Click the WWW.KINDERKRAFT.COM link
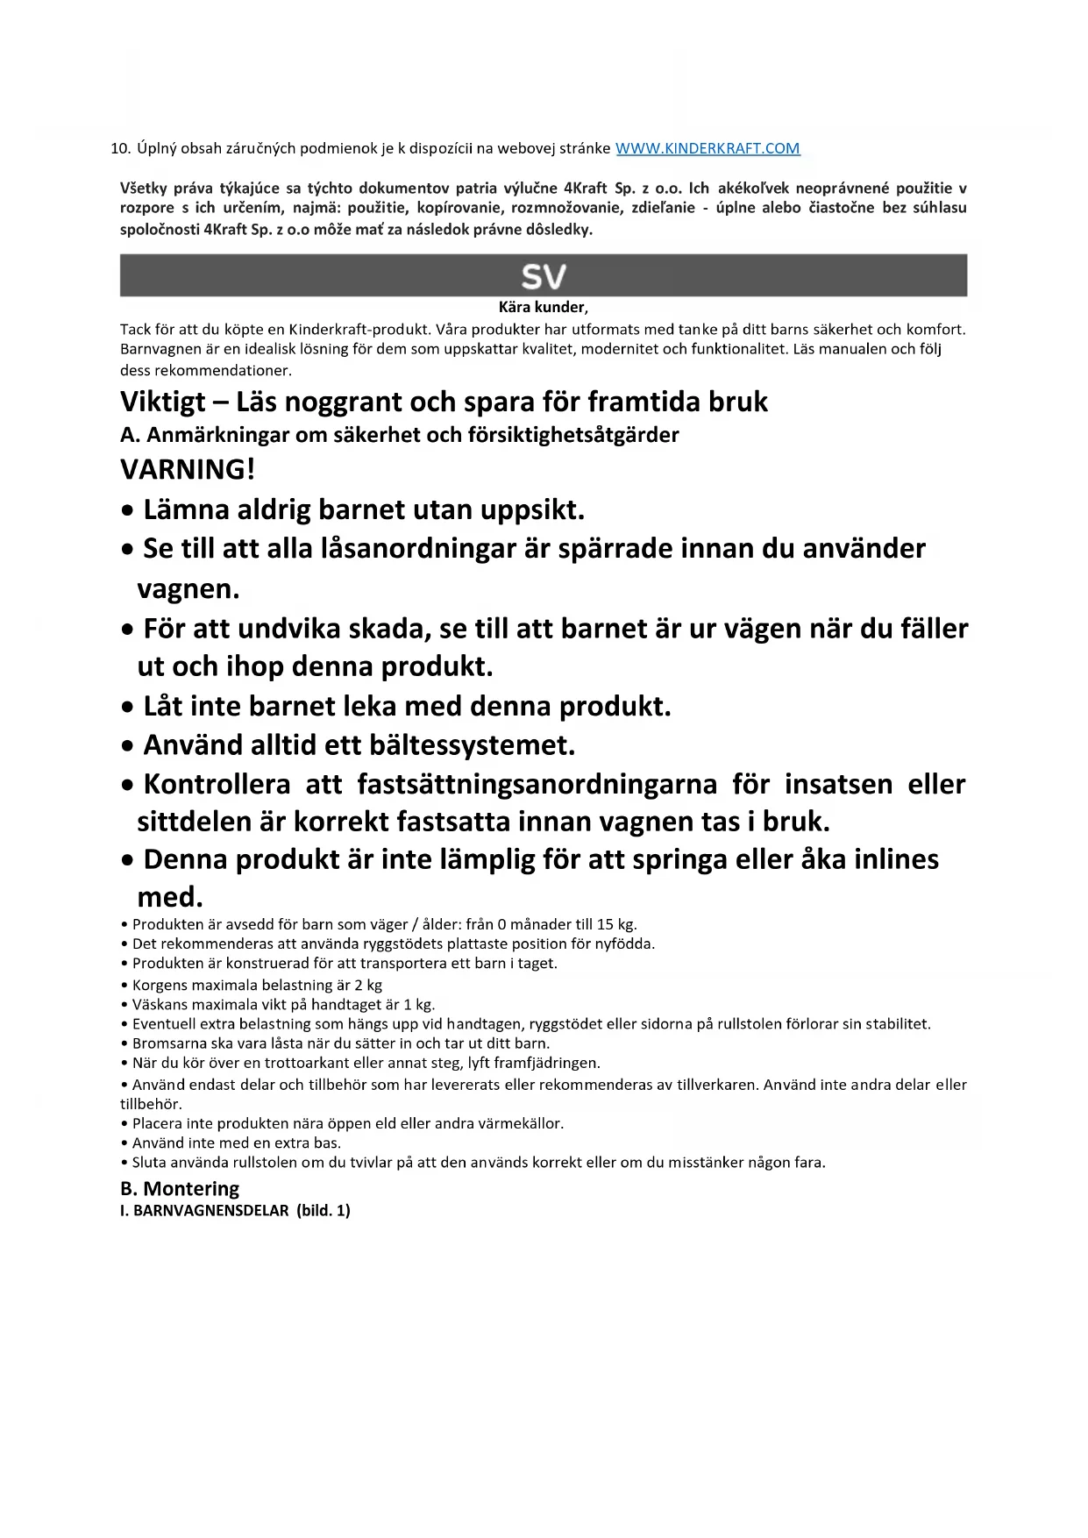[708, 148]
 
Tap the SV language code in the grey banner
[544, 276]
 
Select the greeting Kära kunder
[542, 307]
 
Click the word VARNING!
[188, 469]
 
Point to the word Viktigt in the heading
[163, 402]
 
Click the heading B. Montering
[180, 1189]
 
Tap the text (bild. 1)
[324, 1211]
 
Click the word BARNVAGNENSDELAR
[211, 1211]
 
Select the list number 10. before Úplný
[121, 148]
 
